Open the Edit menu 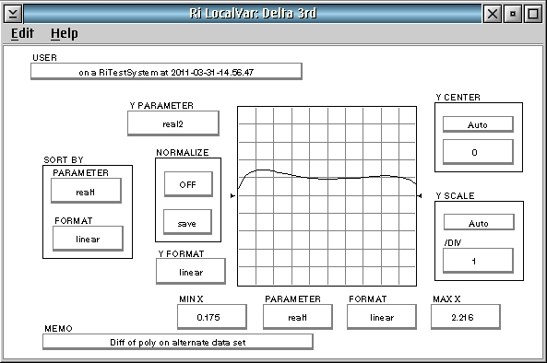click(x=22, y=33)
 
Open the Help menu click(x=65, y=33)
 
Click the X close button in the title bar click(x=493, y=14)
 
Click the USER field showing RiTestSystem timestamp click(x=166, y=72)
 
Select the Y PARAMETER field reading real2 click(x=173, y=123)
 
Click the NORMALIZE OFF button click(x=188, y=184)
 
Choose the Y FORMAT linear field click(x=190, y=272)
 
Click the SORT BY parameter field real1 click(x=86, y=191)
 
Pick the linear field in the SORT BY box click(x=88, y=239)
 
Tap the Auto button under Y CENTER click(x=478, y=124)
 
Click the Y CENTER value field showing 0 click(x=478, y=152)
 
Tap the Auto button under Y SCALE click(x=479, y=223)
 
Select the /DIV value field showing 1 click(x=478, y=261)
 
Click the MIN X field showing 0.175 click(x=212, y=317)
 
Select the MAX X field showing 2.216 click(x=466, y=317)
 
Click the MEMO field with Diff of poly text click(x=177, y=342)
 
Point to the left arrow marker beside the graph click(x=233, y=196)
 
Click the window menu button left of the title click(x=13, y=14)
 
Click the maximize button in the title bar click(x=533, y=14)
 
